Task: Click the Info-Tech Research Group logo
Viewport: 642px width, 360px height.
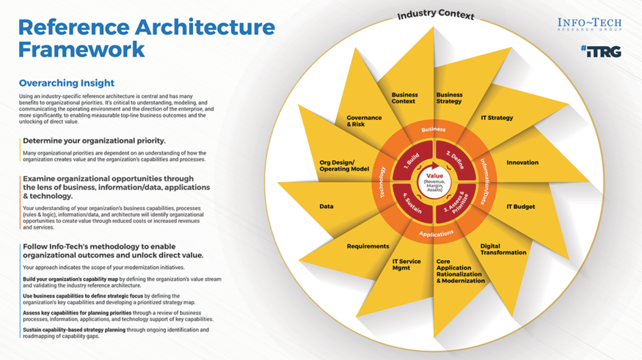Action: click(589, 26)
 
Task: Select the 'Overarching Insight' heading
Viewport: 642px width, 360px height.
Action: click(67, 84)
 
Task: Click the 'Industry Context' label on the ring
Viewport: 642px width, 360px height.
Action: click(436, 15)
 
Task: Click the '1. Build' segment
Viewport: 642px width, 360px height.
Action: click(411, 161)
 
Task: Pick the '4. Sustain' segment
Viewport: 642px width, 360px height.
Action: click(412, 199)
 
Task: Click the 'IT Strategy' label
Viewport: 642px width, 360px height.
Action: click(497, 118)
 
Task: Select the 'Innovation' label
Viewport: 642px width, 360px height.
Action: click(522, 163)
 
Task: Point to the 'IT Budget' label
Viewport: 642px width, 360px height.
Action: click(520, 207)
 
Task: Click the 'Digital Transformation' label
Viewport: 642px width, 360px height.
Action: click(503, 249)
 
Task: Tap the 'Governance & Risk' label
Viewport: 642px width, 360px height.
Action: click(364, 121)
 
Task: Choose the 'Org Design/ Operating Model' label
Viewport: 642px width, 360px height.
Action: click(344, 166)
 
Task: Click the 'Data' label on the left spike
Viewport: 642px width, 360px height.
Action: click(327, 207)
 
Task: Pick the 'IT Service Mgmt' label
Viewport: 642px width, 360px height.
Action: click(406, 265)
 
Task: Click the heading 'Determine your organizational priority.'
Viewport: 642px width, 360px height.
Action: click(94, 140)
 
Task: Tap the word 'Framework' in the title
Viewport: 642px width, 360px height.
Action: click(81, 50)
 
